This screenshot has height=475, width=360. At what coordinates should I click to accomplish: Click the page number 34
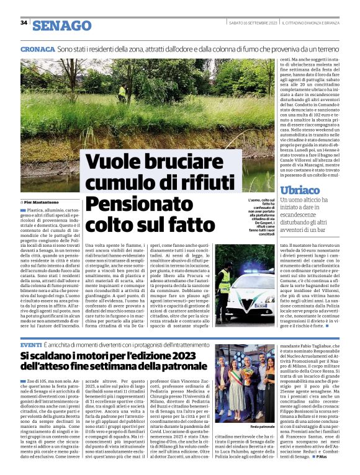(24, 23)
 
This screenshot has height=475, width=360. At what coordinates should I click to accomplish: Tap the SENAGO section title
(61, 25)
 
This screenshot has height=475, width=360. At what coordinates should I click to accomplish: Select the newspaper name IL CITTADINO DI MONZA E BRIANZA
(316, 23)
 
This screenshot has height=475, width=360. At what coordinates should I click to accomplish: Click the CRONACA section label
(37, 48)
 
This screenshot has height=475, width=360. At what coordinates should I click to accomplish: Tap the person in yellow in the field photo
(122, 92)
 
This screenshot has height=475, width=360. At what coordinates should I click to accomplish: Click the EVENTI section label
(31, 344)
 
